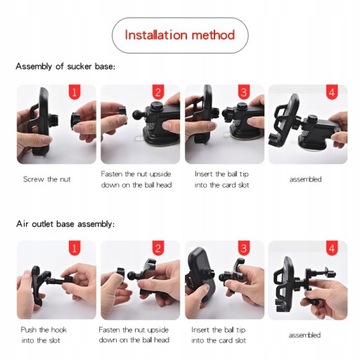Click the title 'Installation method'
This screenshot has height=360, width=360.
pyautogui.click(x=180, y=35)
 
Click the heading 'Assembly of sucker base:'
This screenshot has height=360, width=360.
pyautogui.click(x=65, y=66)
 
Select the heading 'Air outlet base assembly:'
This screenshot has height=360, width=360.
pyautogui.click(x=65, y=224)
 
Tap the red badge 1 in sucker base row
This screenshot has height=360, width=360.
pyautogui.click(x=74, y=92)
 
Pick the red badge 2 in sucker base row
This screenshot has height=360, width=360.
pyautogui.click(x=158, y=92)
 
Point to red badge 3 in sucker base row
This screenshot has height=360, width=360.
pyautogui.click(x=243, y=92)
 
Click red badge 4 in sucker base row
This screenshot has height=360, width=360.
pyautogui.click(x=332, y=92)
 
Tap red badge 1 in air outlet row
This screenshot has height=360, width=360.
pyautogui.click(x=74, y=248)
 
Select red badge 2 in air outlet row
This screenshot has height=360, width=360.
pyautogui.click(x=158, y=248)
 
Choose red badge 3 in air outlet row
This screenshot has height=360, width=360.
pyautogui.click(x=243, y=248)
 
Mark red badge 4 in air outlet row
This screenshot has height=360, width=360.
pyautogui.click(x=332, y=248)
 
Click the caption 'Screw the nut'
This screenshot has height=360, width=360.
pyautogui.click(x=47, y=179)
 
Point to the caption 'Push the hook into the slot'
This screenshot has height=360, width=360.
pyautogui.click(x=43, y=335)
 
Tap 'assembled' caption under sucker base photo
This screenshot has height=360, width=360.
pyautogui.click(x=306, y=179)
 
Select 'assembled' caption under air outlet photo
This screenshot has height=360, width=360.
pyautogui.click(x=305, y=335)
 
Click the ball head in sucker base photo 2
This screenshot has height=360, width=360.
pyautogui.click(x=138, y=113)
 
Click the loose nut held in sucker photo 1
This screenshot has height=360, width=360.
pyautogui.click(x=75, y=120)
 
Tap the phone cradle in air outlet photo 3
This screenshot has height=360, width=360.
pyautogui.click(x=201, y=274)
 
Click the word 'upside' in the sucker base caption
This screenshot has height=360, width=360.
pyautogui.click(x=160, y=174)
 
